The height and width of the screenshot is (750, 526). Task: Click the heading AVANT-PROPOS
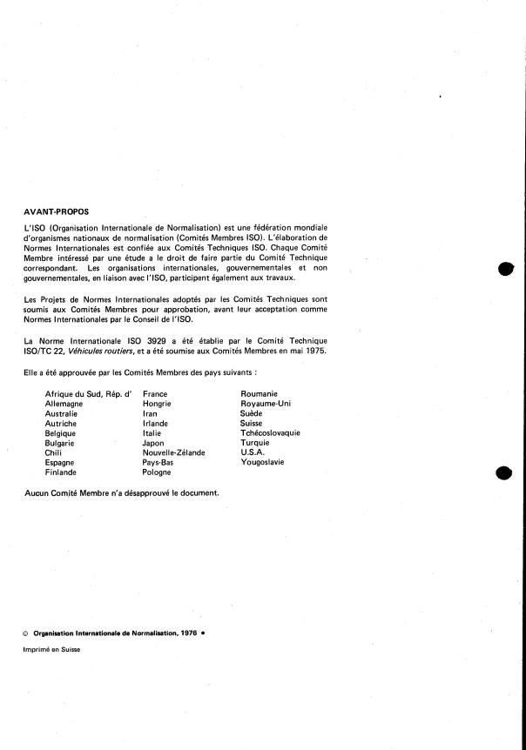pyautogui.click(x=57, y=210)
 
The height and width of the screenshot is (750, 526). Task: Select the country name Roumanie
pyautogui.click(x=259, y=394)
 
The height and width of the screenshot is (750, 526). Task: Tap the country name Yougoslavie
pyautogui.click(x=262, y=462)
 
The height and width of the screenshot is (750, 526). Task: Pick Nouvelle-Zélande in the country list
pyautogui.click(x=174, y=452)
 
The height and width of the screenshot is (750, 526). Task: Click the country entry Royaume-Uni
pyautogui.click(x=266, y=404)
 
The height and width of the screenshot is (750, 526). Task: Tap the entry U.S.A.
pyautogui.click(x=253, y=452)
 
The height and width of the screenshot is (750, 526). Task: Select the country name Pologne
pyautogui.click(x=157, y=472)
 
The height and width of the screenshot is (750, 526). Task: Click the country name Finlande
pyautogui.click(x=61, y=472)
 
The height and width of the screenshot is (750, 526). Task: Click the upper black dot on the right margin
pyautogui.click(x=505, y=270)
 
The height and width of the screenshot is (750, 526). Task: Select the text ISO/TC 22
pyautogui.click(x=45, y=350)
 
